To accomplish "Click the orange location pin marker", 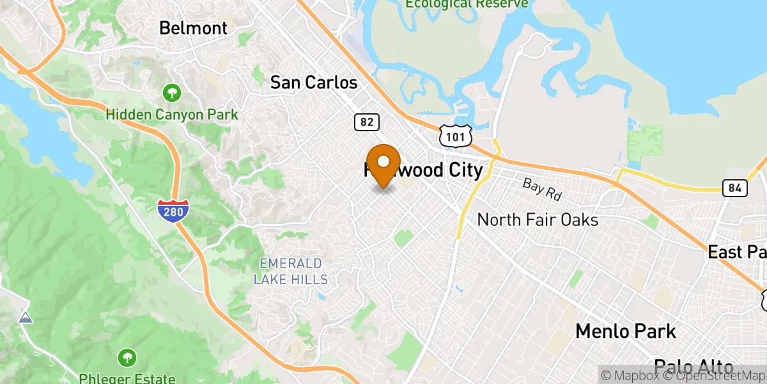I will pyautogui.click(x=383, y=165).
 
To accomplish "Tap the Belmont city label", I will pyautogui.click(x=193, y=28).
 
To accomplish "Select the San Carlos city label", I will pyautogui.click(x=314, y=83).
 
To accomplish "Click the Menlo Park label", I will pyautogui.click(x=625, y=331).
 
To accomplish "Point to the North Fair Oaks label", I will pyautogui.click(x=538, y=220).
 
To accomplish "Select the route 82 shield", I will pyautogui.click(x=367, y=122).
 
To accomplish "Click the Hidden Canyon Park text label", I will pyautogui.click(x=172, y=115).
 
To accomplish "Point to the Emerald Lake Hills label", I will pyautogui.click(x=290, y=271).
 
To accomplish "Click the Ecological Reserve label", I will pyautogui.click(x=467, y=4).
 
